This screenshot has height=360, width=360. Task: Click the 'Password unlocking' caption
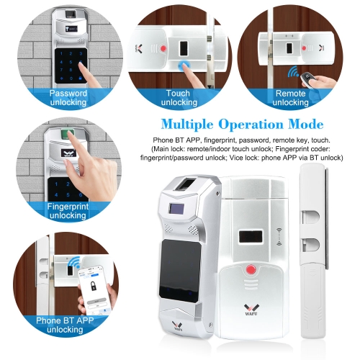(x=68, y=98)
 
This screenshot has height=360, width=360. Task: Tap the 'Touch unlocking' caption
(x=179, y=98)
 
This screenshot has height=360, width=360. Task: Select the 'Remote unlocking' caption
(x=290, y=98)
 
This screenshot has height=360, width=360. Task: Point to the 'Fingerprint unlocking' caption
(x=68, y=211)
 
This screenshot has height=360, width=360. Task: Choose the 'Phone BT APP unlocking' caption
(x=65, y=325)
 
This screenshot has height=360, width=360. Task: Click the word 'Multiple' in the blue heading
(x=187, y=125)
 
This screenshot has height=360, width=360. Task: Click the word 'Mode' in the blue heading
(x=306, y=124)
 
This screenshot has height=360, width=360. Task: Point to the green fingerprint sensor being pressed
(x=67, y=133)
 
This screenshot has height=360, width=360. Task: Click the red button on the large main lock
(x=251, y=269)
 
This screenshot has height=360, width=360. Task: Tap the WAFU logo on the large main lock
(x=251, y=310)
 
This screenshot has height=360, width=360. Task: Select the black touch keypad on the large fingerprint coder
(x=179, y=271)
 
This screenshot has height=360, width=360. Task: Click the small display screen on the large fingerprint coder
(x=176, y=209)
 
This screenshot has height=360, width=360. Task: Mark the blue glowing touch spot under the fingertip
(x=184, y=65)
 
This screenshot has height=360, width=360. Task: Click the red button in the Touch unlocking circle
(x=163, y=48)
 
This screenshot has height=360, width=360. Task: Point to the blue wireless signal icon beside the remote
(x=292, y=71)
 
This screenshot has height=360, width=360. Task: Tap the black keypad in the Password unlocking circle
(x=71, y=66)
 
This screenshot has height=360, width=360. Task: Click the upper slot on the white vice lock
(x=310, y=217)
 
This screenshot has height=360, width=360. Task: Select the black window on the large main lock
(x=251, y=236)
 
